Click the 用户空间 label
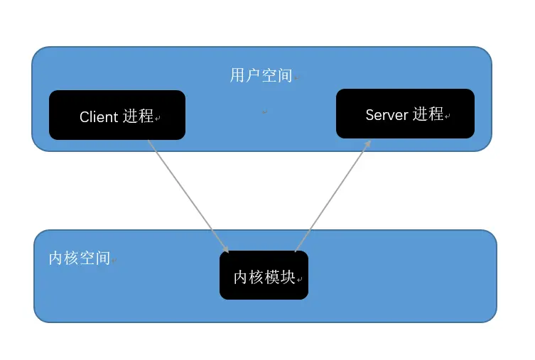pos(261,75)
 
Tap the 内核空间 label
pos(79,258)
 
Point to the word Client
pos(99,117)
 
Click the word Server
pos(387,115)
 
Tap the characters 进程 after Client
pos(138,116)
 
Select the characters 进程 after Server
pos(428,114)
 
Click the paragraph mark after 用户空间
pos(297,78)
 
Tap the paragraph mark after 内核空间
pos(114,261)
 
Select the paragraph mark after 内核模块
pos(300,280)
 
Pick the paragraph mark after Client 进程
pos(158,119)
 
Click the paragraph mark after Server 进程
pos(448,117)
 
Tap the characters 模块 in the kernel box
pos(279,277)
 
